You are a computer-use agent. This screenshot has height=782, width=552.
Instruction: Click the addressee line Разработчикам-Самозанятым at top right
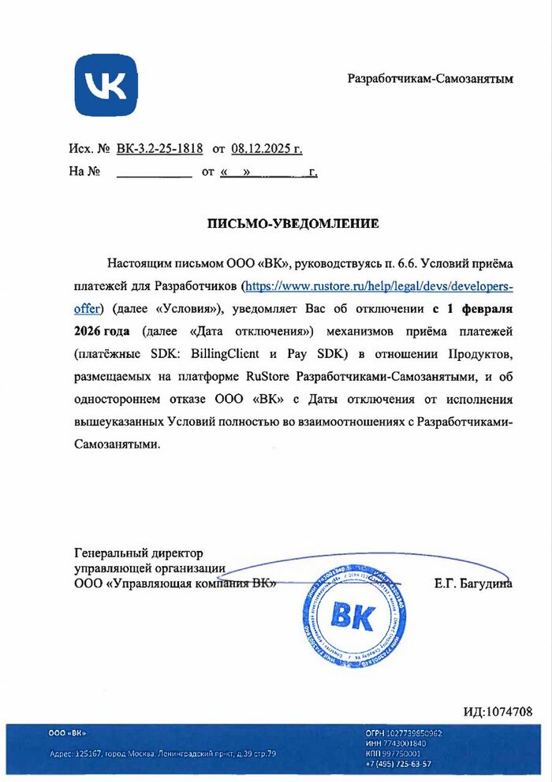coord(431,79)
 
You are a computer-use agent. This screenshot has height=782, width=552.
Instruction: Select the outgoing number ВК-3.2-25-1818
coord(159,147)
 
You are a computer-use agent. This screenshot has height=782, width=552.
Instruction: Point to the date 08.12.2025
coord(259,147)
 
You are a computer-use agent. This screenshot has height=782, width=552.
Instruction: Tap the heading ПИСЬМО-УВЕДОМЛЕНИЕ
coord(293,224)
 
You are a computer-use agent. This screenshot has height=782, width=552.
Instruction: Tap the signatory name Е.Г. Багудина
coord(473,584)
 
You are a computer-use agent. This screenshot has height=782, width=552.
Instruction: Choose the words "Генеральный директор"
coord(138,553)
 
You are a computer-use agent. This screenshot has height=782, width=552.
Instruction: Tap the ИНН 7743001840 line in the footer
coord(396,743)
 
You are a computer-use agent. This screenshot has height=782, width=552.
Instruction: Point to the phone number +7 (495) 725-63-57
coord(398,764)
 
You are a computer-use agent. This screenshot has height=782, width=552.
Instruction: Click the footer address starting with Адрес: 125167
coord(162,754)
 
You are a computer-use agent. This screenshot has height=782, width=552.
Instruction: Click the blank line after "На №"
coord(154,171)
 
